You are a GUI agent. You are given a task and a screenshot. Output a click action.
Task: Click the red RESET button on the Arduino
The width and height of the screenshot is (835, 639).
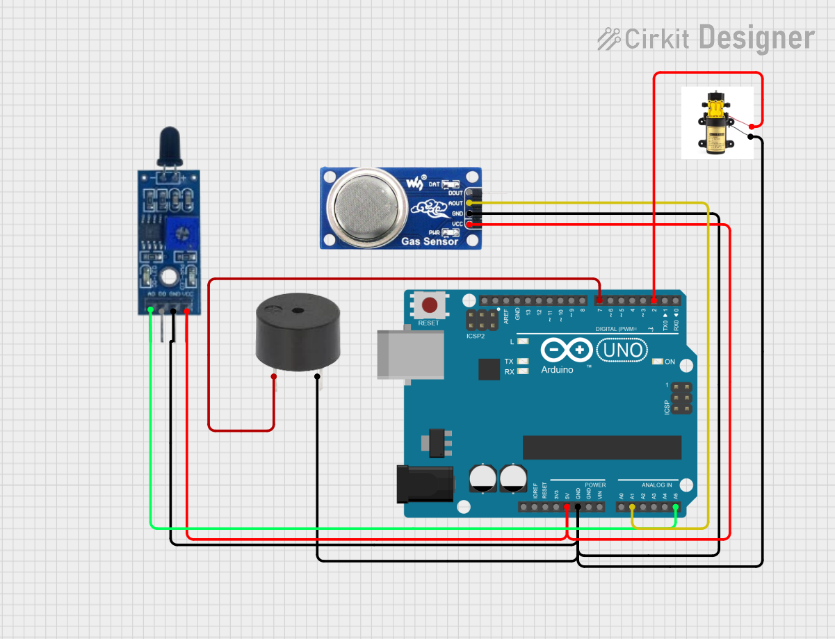(x=430, y=305)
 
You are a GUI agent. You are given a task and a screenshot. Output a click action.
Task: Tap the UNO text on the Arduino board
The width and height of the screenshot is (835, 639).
(x=624, y=349)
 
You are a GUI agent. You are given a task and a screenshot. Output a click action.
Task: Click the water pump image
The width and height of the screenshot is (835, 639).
(x=717, y=122)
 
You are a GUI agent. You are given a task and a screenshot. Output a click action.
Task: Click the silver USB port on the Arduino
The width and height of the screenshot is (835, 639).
(x=410, y=355)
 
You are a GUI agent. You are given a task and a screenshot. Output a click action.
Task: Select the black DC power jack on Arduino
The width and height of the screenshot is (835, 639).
(x=423, y=483)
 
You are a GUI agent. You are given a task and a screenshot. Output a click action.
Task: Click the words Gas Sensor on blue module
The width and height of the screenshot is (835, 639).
(x=430, y=241)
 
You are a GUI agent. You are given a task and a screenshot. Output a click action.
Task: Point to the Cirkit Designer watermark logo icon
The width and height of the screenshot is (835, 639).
(x=609, y=38)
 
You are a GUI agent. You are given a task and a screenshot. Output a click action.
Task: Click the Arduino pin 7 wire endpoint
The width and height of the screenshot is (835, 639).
(x=599, y=300)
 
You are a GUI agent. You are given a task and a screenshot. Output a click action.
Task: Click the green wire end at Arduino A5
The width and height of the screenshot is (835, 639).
(x=675, y=507)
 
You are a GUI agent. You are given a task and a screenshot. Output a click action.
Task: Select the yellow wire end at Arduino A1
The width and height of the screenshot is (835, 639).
(x=632, y=507)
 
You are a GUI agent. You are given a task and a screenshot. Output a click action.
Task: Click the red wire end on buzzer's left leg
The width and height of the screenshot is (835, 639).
(x=274, y=377)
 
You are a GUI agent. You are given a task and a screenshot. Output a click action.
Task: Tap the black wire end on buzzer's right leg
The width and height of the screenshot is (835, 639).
(x=318, y=377)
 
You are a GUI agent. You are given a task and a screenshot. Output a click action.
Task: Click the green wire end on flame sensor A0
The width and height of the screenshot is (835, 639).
(x=151, y=311)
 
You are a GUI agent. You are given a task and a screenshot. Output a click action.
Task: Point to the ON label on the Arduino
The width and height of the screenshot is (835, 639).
(x=670, y=362)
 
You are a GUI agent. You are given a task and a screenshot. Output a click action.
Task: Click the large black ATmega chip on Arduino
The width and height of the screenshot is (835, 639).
(x=601, y=447)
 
